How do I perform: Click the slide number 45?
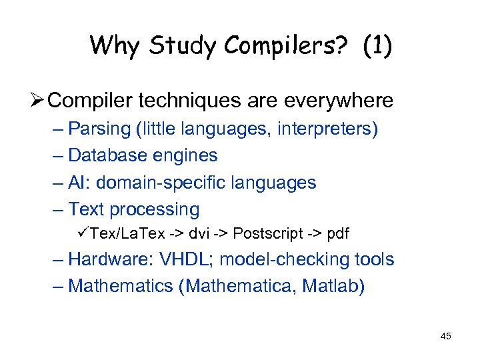pyautogui.click(x=446, y=336)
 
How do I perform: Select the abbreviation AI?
pyautogui.click(x=77, y=183)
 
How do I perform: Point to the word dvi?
pyautogui.click(x=199, y=234)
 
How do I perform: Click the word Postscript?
pyautogui.click(x=266, y=234)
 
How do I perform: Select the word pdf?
pyautogui.click(x=337, y=234)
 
